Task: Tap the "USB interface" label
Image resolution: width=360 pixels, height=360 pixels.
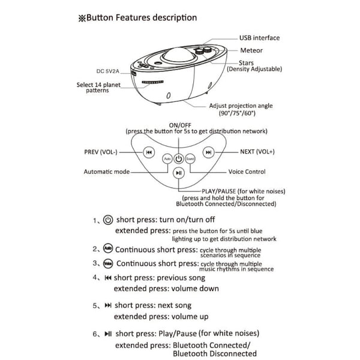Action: coord(259,38)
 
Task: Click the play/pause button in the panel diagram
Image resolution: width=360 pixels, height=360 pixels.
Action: coord(178,173)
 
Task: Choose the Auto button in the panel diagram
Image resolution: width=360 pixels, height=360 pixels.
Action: coord(167,160)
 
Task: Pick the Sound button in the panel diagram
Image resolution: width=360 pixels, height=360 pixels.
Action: coord(190,160)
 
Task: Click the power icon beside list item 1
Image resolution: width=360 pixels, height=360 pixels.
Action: coord(109,220)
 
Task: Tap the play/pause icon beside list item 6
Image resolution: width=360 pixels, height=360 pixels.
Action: coord(108,332)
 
